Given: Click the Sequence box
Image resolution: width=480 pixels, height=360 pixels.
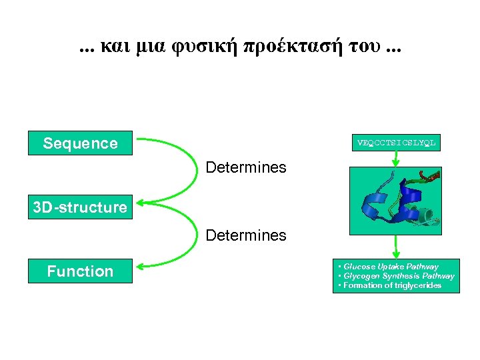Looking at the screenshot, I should [80, 143].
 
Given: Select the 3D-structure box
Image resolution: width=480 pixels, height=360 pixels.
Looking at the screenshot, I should [80, 207].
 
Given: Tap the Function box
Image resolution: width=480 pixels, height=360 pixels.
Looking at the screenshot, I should [80, 271].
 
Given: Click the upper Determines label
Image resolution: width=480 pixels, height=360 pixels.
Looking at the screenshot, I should [246, 167].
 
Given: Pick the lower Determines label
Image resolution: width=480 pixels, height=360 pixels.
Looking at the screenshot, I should [246, 235].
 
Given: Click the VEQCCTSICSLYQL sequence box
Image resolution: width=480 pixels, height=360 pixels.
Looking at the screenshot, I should [396, 143].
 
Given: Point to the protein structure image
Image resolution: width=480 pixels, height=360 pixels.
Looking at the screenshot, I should [396, 199].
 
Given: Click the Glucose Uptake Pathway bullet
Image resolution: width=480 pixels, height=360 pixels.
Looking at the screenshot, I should [391, 267].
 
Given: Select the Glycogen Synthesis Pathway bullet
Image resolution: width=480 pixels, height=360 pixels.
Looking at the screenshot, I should [399, 276].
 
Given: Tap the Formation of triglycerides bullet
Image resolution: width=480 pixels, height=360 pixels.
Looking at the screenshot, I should [392, 285].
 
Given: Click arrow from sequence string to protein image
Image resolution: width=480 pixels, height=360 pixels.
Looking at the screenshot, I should [396, 159].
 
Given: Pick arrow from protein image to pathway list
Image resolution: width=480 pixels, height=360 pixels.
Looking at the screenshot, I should [396, 247].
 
